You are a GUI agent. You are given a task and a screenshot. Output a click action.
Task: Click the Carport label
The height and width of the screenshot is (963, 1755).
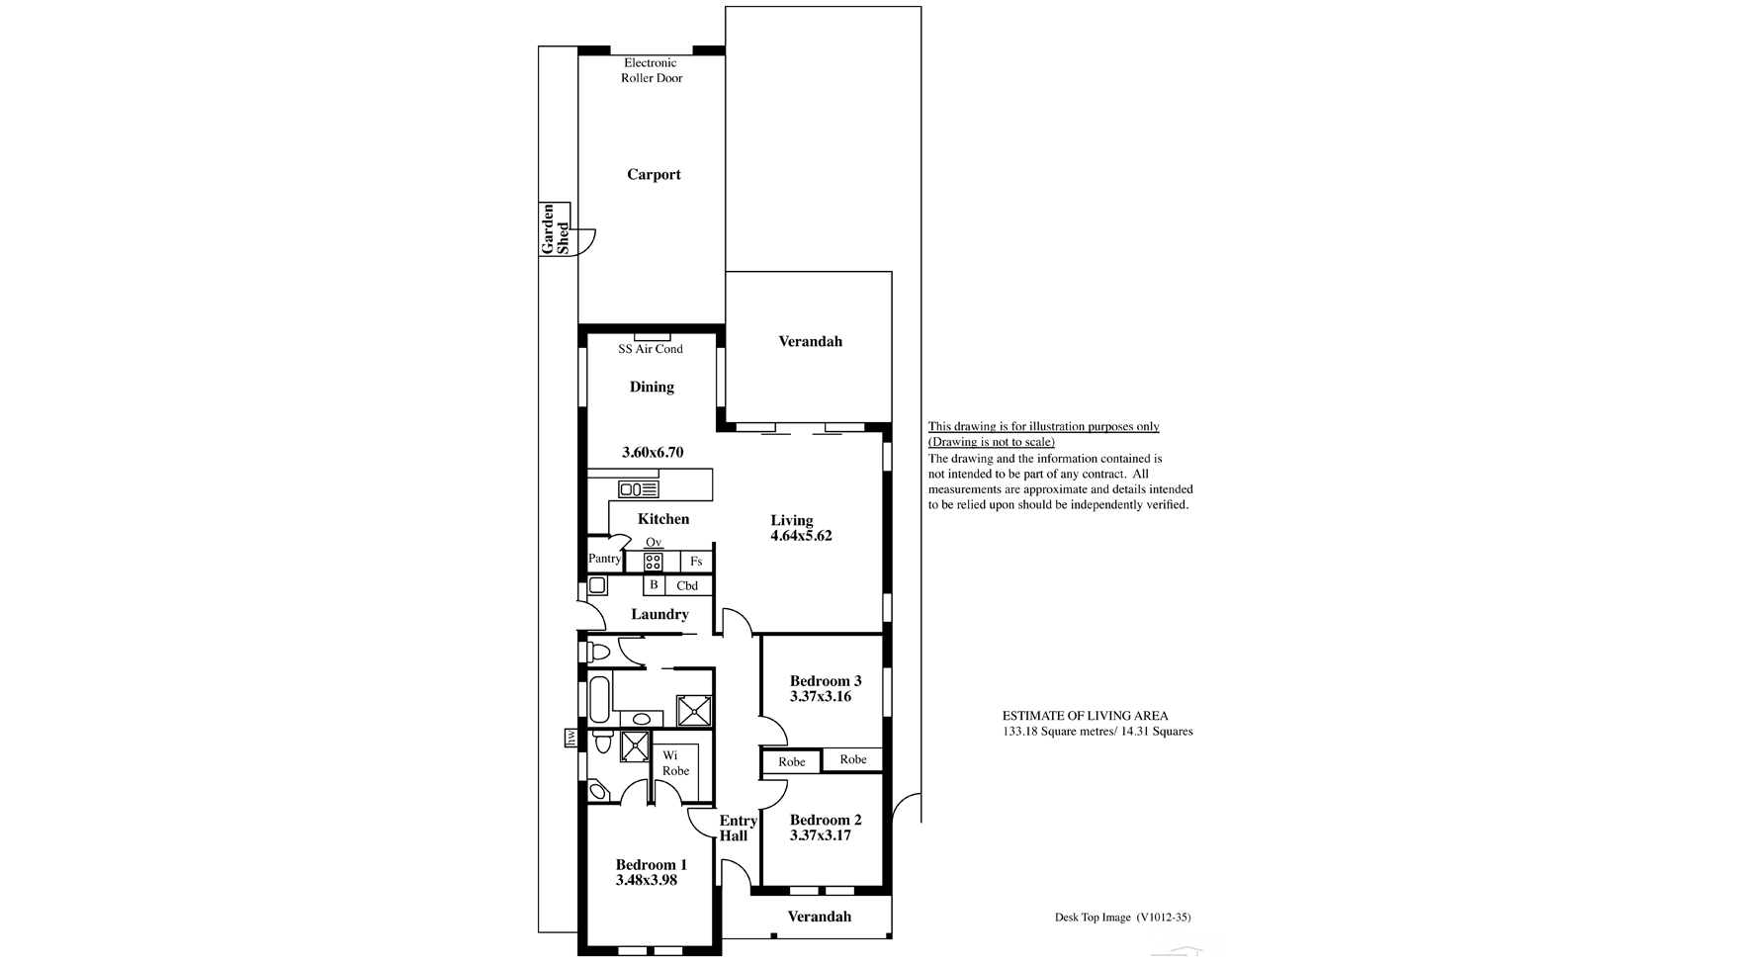click(654, 175)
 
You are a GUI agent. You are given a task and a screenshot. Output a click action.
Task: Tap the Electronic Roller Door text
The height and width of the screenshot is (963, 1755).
click(651, 70)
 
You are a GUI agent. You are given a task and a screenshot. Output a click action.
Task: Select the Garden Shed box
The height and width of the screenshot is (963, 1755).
click(555, 229)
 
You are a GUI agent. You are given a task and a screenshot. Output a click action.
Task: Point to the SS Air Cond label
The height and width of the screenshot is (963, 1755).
click(651, 349)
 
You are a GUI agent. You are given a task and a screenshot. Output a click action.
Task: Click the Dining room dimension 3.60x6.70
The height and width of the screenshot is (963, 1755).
click(653, 453)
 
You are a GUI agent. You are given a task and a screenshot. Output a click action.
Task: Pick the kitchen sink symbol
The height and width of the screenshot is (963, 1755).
click(638, 489)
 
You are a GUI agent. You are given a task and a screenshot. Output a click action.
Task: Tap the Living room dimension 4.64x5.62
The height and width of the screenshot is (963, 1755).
click(801, 536)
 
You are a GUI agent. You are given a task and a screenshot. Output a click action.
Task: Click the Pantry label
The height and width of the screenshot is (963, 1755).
click(604, 559)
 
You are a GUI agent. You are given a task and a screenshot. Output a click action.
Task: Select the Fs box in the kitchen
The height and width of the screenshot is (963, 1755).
click(696, 562)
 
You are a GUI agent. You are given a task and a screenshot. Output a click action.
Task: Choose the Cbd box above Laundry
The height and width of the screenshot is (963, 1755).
click(688, 585)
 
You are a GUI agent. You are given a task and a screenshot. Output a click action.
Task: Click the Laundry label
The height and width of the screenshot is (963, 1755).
click(659, 614)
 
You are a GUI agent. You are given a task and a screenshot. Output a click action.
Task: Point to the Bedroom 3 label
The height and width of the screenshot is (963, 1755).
click(826, 680)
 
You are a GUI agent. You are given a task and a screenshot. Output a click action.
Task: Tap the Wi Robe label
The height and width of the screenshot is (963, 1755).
click(675, 763)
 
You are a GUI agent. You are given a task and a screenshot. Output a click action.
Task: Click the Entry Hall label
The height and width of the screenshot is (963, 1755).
click(737, 829)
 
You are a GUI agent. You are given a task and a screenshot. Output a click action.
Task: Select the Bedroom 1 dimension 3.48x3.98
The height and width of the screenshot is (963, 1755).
click(646, 880)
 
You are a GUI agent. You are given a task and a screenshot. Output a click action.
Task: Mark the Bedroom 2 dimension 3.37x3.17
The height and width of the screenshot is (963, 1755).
click(821, 835)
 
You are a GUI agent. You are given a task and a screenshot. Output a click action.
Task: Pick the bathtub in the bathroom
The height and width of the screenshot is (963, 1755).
click(598, 700)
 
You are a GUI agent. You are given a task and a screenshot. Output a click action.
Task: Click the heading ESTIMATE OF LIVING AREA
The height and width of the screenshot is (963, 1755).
click(1085, 716)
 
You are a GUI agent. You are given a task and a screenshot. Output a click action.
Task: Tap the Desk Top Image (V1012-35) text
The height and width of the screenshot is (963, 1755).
click(1122, 917)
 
